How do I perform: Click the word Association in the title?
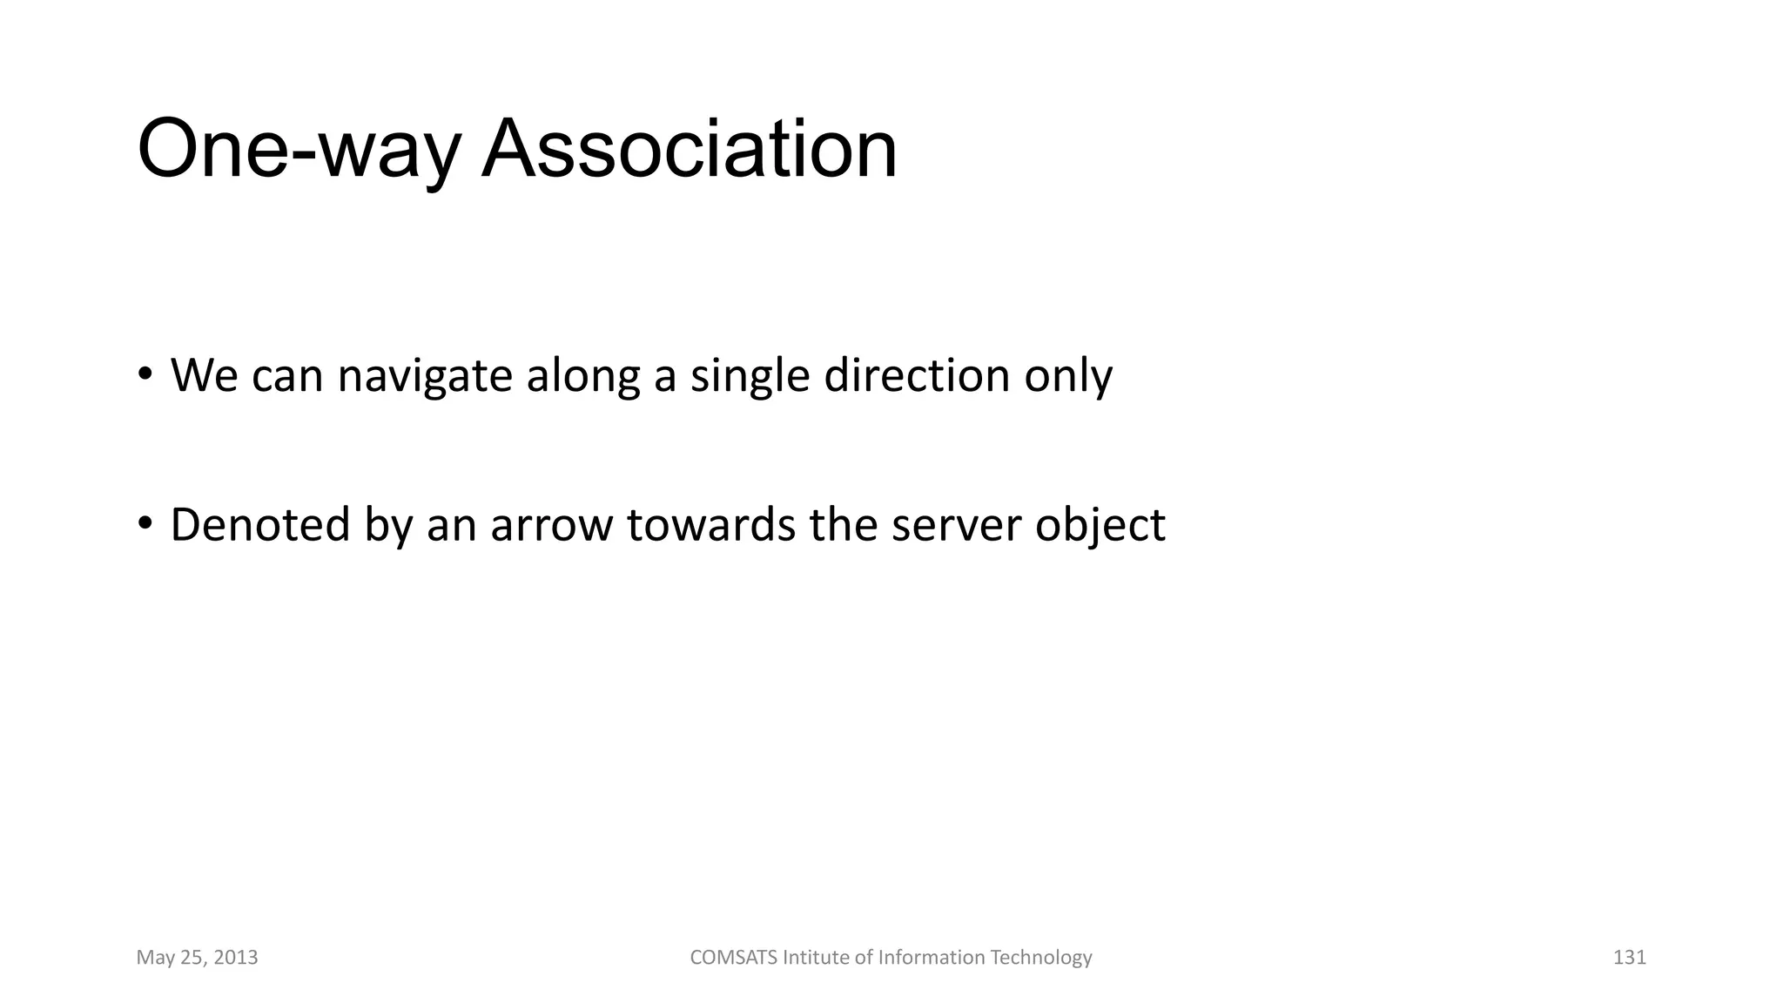coord(689,149)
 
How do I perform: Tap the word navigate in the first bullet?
coord(424,376)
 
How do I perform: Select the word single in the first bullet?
coord(750,376)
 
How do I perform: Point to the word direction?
coord(916,376)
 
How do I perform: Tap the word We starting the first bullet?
coord(204,376)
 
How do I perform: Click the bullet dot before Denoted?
coord(145,523)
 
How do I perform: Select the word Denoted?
coord(259,525)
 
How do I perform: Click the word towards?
coord(710,525)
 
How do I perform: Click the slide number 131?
coord(1629,958)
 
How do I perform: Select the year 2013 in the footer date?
coord(235,958)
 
